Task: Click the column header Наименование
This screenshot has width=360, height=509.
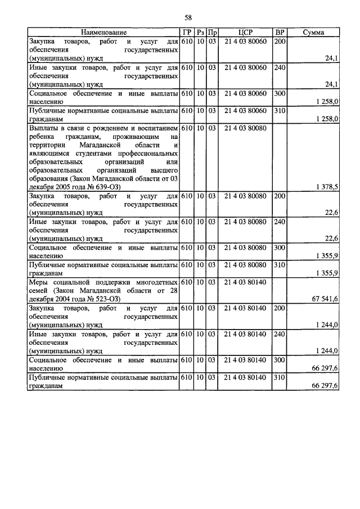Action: coord(103,33)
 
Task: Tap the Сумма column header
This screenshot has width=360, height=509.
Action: coord(313,33)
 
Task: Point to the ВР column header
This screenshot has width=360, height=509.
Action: coord(279,33)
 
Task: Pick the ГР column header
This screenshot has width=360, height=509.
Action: coord(187,33)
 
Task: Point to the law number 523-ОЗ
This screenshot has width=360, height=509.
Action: coord(108,298)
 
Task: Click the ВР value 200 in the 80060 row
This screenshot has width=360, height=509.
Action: coord(280,42)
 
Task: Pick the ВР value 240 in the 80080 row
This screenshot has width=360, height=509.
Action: coord(280,222)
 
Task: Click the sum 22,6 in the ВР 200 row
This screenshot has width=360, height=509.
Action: coord(331,212)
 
